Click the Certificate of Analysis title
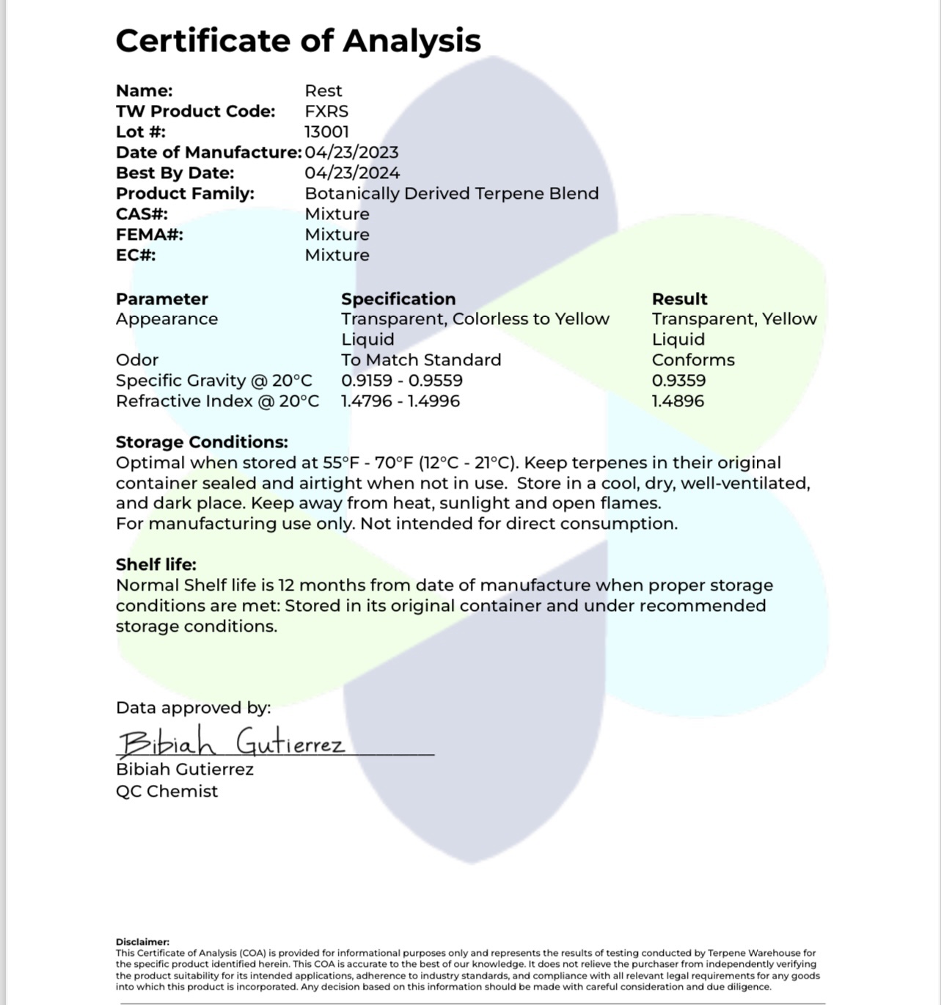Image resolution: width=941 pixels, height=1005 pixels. [x=298, y=40]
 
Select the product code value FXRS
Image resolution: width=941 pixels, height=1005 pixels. [x=326, y=112]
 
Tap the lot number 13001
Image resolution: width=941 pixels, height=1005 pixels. [x=326, y=132]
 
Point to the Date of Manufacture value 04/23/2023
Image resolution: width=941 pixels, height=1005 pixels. [x=351, y=153]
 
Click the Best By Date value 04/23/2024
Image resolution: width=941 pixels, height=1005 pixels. [x=352, y=173]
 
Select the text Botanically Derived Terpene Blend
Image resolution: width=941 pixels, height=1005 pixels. [x=451, y=194]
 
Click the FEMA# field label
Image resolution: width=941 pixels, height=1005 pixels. [x=150, y=235]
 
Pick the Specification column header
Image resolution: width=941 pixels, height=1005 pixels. [x=398, y=299]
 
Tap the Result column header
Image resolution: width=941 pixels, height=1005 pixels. [x=679, y=299]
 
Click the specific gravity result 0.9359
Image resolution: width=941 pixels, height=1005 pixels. [x=678, y=381]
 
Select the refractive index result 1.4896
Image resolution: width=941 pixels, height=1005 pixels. [x=678, y=401]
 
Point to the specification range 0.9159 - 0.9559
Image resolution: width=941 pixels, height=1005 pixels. [x=401, y=381]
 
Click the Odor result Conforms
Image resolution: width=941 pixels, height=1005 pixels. [x=693, y=360]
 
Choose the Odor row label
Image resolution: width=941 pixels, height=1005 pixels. [x=137, y=360]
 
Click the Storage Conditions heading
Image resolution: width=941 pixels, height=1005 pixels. [x=202, y=442]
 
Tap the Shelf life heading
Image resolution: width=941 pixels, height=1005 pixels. [x=156, y=565]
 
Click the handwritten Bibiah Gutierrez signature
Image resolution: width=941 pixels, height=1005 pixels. [x=231, y=743]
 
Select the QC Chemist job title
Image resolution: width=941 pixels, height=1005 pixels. [x=166, y=792]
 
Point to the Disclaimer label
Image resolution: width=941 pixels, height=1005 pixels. [x=142, y=942]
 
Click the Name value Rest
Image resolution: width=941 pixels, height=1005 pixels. [x=323, y=91]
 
